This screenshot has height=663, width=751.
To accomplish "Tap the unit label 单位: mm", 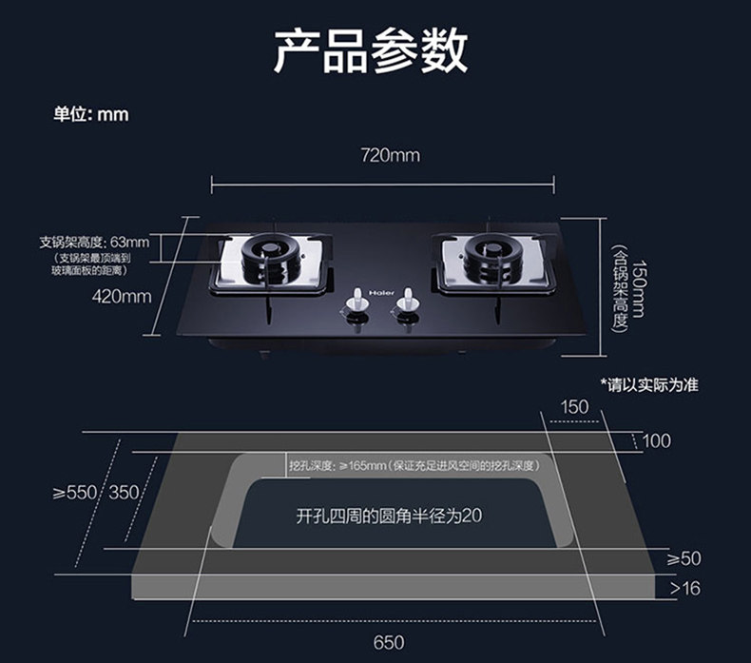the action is coord(90,114).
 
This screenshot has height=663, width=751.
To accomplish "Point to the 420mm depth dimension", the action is coord(122,297).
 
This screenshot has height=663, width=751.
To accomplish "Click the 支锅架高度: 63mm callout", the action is coord(94,241).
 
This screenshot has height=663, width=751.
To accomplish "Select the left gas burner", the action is coord(275,259).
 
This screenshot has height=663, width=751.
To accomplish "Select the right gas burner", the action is coord(491,258).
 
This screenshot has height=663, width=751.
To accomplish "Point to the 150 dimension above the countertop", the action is coord(574,406).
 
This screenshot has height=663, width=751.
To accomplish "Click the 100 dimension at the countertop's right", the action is coord(656,440).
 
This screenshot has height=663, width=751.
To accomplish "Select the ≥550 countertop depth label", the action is coord(74,492).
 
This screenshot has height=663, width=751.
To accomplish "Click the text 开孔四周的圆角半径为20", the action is coord(389,517).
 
